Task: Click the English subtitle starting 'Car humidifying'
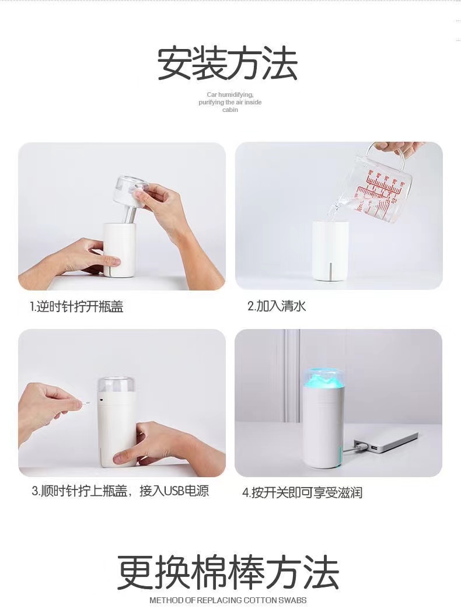(230, 102)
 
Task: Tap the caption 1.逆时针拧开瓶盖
(76, 307)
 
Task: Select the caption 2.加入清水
(277, 306)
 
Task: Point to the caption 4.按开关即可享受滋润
(302, 492)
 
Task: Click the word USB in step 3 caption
(173, 491)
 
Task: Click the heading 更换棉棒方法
(228, 572)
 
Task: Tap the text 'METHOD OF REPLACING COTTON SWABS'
(228, 600)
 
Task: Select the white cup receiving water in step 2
(330, 251)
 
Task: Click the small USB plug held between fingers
(86, 402)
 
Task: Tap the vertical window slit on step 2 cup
(331, 270)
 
